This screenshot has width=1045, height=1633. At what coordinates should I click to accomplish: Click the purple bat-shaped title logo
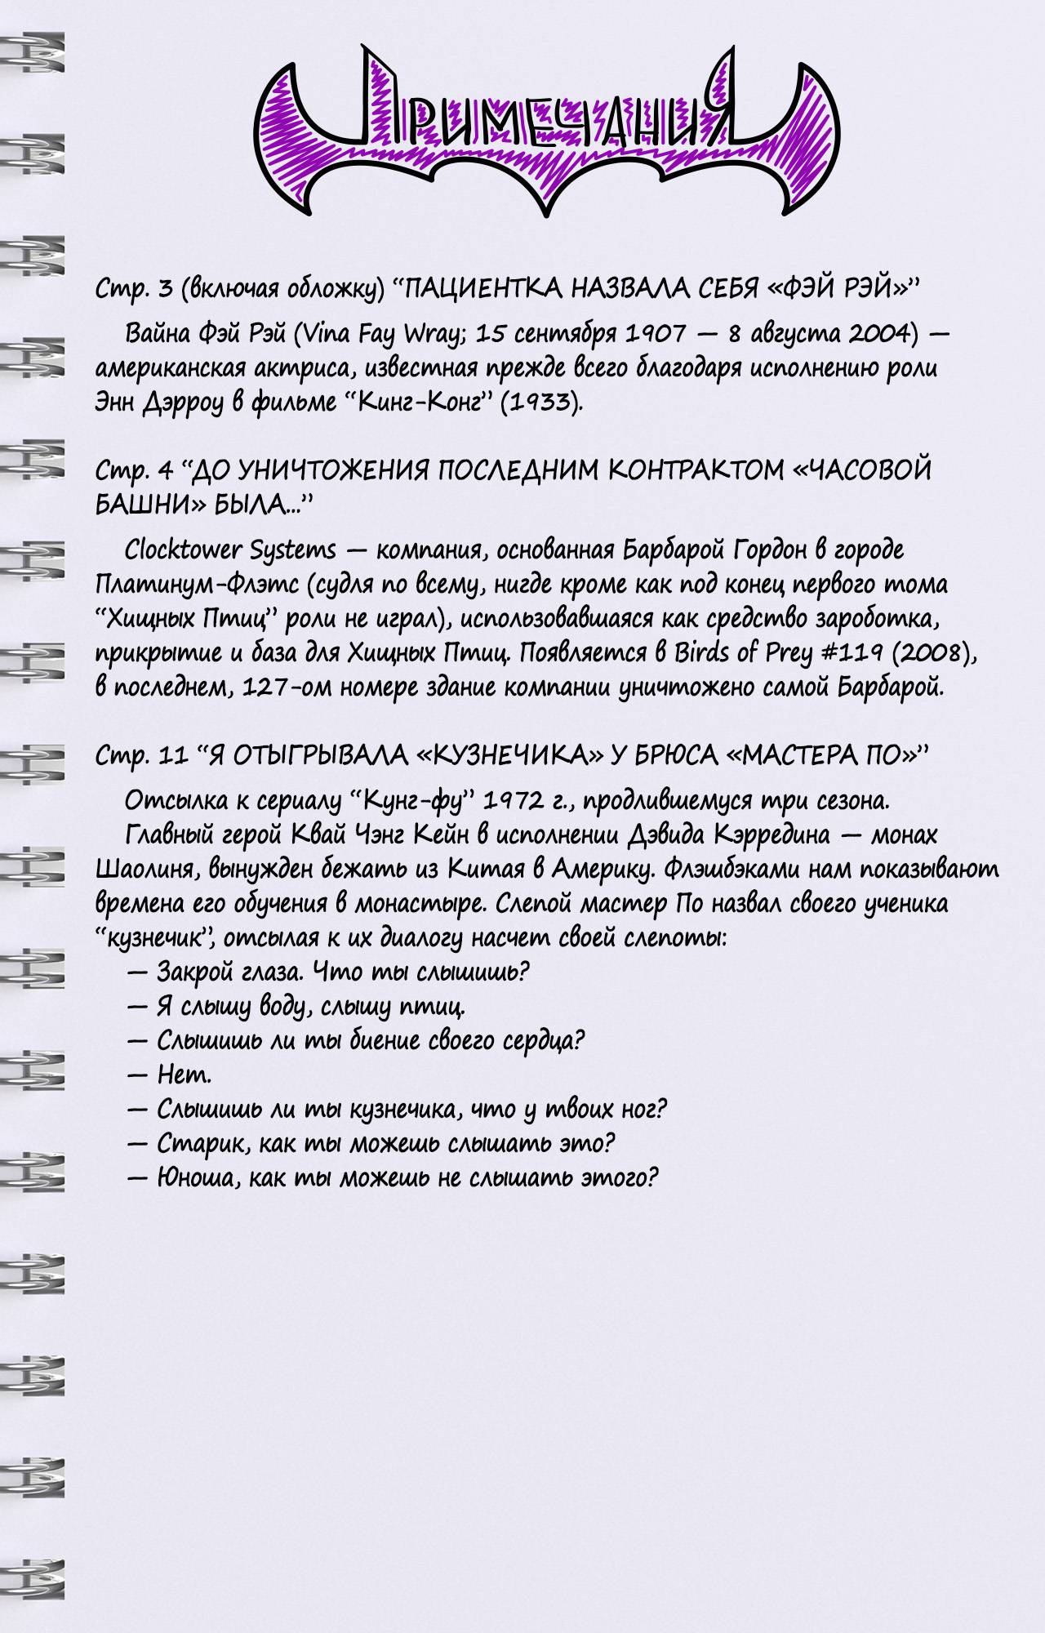(545, 131)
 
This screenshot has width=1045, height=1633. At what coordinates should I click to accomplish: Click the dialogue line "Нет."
(184, 1075)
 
